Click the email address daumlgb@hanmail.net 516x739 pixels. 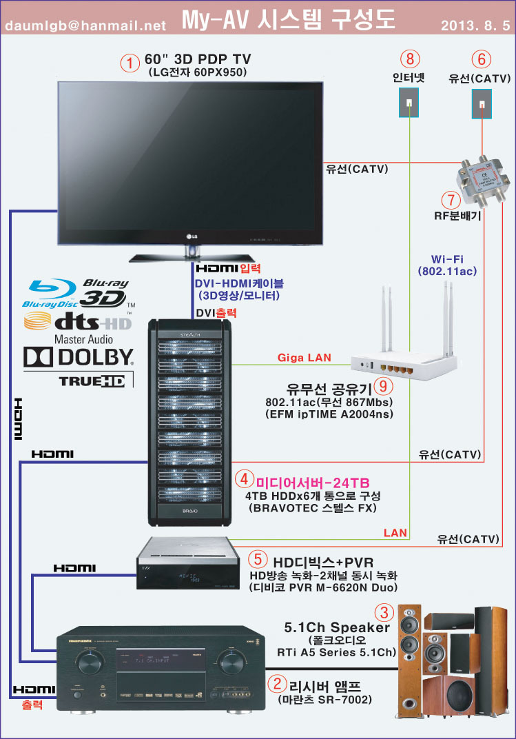pos(86,26)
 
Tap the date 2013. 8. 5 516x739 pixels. pos(475,26)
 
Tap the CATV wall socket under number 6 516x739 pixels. pos(481,103)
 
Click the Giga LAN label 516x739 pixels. pos(304,358)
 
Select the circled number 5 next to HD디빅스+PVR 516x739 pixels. pos(256,558)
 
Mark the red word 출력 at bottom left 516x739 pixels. pos(32,705)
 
